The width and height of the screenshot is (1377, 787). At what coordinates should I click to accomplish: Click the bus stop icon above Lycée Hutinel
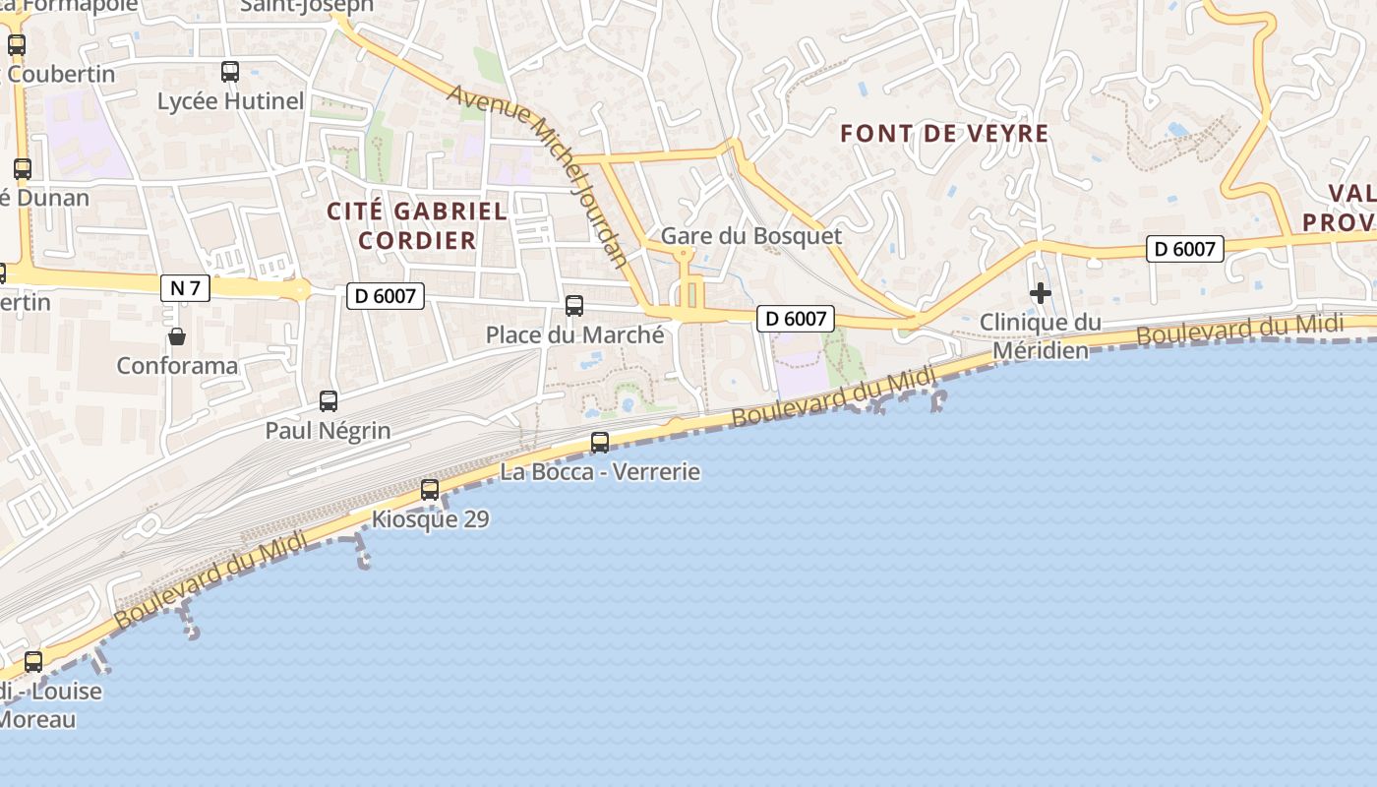[x=230, y=72]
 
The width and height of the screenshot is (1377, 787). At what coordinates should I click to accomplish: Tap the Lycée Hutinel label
[x=231, y=101]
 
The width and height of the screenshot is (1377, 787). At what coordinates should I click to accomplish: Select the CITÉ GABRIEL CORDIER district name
[x=417, y=225]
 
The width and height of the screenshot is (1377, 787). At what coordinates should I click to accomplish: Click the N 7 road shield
[x=185, y=287]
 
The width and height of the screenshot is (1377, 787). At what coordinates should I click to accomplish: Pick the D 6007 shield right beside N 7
[x=385, y=295]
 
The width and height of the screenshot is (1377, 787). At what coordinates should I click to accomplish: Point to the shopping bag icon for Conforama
[x=177, y=337]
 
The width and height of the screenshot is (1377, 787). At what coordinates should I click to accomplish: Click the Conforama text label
[x=177, y=366]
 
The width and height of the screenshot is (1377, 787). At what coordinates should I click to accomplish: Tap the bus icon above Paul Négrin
[x=329, y=401]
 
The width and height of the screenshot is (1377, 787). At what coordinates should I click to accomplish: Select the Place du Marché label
[x=575, y=334]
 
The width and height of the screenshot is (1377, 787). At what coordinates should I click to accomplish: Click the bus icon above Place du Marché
[x=574, y=306]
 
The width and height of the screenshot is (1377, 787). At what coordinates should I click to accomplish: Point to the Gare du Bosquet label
[x=751, y=236]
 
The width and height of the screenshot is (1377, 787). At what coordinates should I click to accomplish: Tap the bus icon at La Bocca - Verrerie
[x=600, y=443]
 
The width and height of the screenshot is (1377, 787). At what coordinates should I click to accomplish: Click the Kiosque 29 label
[x=431, y=518]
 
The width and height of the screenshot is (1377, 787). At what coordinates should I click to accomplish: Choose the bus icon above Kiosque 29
[x=430, y=490]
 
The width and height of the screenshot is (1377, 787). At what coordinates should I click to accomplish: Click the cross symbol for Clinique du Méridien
[x=1041, y=293]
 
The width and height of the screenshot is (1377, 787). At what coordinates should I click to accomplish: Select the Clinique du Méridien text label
[x=1041, y=336]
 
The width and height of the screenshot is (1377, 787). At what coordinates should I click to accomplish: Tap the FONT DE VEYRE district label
[x=945, y=134]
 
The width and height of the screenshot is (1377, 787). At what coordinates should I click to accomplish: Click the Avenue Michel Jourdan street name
[x=538, y=175]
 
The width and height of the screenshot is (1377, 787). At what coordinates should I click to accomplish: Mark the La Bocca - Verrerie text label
[x=600, y=472]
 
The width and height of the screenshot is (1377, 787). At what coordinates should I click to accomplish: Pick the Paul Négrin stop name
[x=328, y=430]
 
